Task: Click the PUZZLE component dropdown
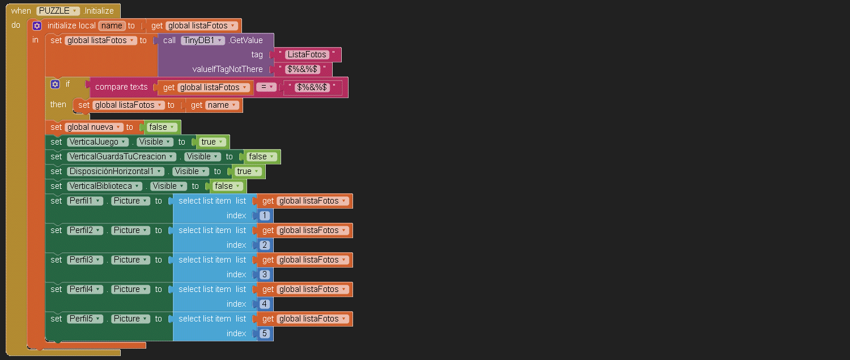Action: click(57, 11)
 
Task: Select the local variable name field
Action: click(112, 26)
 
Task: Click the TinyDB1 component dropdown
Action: click(203, 40)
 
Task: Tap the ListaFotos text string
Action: click(307, 54)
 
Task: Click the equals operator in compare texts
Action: click(266, 87)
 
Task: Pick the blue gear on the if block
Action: click(55, 84)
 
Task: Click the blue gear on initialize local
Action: click(37, 26)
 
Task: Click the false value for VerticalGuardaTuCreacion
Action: click(262, 156)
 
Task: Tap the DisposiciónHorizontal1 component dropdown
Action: click(116, 171)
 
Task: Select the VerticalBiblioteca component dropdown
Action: click(104, 186)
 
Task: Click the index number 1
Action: click(265, 215)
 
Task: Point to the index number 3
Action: click(265, 274)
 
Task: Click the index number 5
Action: click(265, 333)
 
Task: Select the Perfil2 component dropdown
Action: click(85, 230)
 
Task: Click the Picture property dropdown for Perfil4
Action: click(130, 289)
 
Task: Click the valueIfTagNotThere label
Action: click(228, 69)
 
